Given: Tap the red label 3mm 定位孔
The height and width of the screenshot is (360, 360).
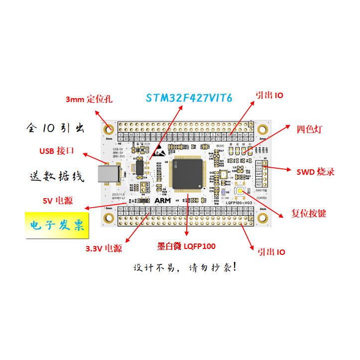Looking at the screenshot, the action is tap(89, 99).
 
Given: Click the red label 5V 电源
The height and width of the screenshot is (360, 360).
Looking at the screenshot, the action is tap(57, 201).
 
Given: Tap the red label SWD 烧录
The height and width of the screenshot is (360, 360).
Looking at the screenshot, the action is tap(315, 172).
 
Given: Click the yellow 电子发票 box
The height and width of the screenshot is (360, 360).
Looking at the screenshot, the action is tap(55, 225).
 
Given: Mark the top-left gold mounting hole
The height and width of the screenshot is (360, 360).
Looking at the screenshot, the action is tap(109, 129).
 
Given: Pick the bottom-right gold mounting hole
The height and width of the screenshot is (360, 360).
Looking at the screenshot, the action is tap(262, 217).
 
